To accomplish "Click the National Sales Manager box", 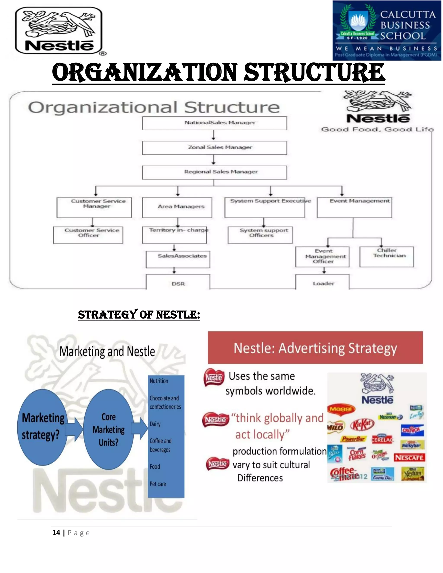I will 214,123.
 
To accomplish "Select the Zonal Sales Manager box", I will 214,148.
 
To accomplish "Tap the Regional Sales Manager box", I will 214,172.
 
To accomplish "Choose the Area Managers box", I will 177,208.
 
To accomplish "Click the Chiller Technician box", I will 386,257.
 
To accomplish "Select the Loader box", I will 322,283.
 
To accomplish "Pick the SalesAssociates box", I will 178,259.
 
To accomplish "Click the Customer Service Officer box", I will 88,235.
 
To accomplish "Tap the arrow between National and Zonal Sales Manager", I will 213,135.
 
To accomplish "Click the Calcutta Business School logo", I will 387,30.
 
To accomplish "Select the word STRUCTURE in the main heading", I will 314,73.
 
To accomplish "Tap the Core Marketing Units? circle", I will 108,429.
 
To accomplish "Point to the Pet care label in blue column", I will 158,484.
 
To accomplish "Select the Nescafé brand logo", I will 409,458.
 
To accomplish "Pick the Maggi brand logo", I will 341,409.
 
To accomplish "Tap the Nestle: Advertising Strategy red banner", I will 315,348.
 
